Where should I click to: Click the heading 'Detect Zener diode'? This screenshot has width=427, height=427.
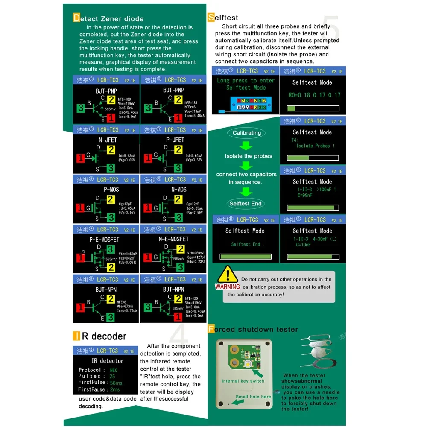[x=108, y=19]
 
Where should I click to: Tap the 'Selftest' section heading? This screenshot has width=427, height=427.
[x=223, y=18]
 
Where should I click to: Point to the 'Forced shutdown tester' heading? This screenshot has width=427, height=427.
[x=253, y=329]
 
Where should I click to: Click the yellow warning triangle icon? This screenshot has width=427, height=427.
[x=229, y=275]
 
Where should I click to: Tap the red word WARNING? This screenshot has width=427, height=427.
[x=228, y=287]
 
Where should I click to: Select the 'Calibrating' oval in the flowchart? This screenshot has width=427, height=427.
[x=247, y=133]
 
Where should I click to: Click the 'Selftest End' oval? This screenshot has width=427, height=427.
[x=246, y=204]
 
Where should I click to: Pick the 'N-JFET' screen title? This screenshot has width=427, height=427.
[x=107, y=140]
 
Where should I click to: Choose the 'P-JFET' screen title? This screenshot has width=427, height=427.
[x=175, y=140]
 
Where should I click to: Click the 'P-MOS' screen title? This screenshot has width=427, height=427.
[x=111, y=190]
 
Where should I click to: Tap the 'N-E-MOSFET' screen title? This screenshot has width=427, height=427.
[x=173, y=239]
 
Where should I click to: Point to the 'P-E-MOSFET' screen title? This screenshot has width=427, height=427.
[x=105, y=240]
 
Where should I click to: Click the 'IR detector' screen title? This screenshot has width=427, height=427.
[x=107, y=361]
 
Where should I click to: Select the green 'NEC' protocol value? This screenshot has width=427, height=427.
[x=114, y=370]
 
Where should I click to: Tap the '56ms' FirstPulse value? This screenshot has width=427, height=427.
[x=116, y=383]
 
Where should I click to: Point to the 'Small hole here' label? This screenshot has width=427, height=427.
[x=253, y=397]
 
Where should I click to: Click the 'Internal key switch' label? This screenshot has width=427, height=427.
[x=243, y=381]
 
